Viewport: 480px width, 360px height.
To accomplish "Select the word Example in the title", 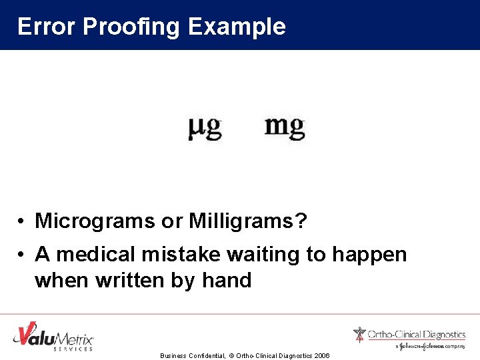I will coord(237,27).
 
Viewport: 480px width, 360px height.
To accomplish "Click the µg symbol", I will coord(204,127).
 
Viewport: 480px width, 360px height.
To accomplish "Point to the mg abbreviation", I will coord(284,126).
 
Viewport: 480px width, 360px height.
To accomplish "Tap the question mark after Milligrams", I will coord(301,221).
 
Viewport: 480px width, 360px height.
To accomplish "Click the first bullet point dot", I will coord(22,221).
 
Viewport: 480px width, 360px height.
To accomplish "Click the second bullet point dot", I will coord(22,255).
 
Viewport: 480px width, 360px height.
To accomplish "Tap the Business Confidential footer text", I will coord(192,356).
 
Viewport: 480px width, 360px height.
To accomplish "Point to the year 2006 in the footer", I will coord(321,356).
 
